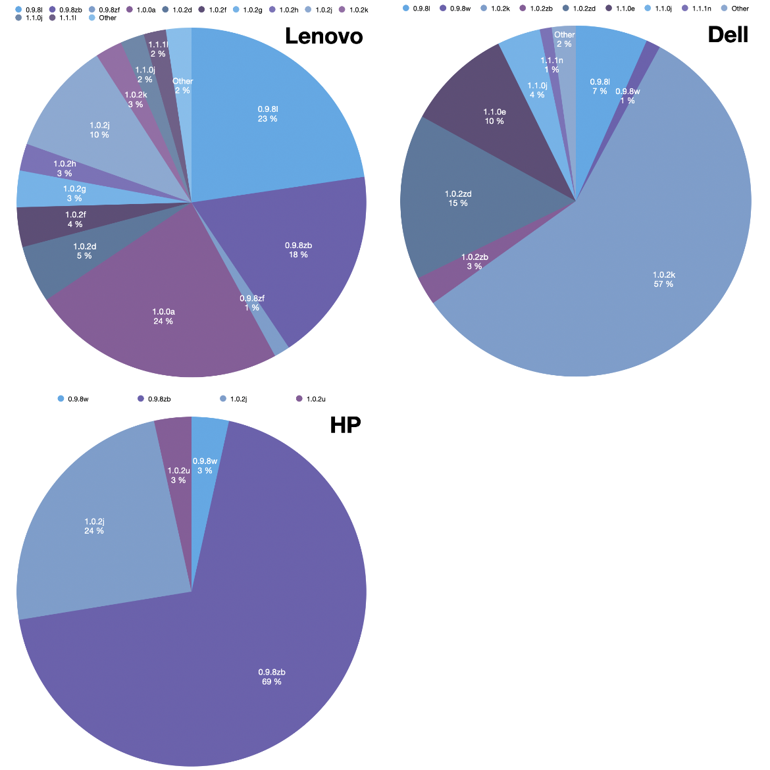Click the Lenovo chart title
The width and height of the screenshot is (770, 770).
(323, 36)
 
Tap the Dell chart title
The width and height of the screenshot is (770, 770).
(728, 34)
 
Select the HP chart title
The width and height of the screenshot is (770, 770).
(346, 425)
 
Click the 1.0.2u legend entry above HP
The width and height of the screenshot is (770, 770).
(315, 399)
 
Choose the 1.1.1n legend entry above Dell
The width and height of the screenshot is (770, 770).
(702, 9)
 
